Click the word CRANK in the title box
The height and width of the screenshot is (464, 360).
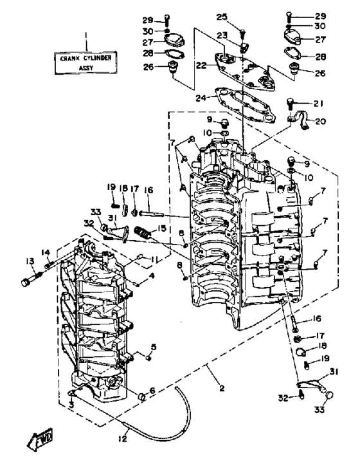[71, 59]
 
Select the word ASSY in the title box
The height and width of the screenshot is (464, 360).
[86, 68]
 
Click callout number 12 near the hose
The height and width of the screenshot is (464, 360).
[122, 438]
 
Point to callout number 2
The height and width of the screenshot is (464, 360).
[222, 388]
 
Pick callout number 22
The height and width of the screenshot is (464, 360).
[201, 65]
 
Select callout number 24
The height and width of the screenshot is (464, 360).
[201, 98]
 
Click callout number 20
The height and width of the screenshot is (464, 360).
[320, 121]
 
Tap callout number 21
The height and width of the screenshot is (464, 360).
[318, 103]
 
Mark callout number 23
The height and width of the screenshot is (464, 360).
[222, 35]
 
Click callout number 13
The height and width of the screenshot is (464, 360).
[30, 261]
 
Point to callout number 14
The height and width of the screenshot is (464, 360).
[46, 252]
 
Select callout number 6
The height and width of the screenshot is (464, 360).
[152, 391]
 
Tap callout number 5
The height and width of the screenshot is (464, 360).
[154, 346]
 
